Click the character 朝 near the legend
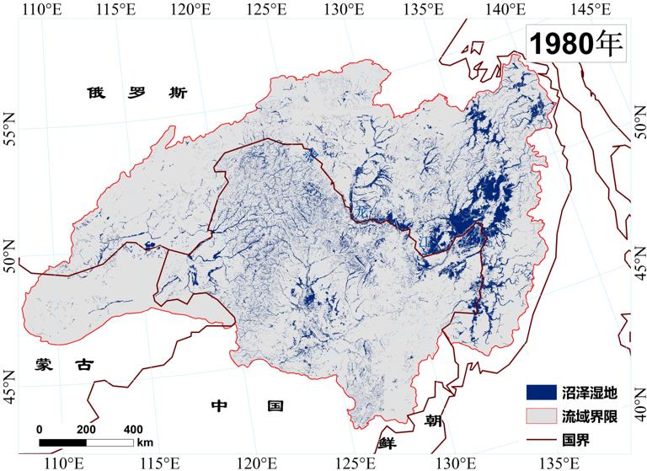tap(432, 420)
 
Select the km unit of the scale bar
tap(145, 442)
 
